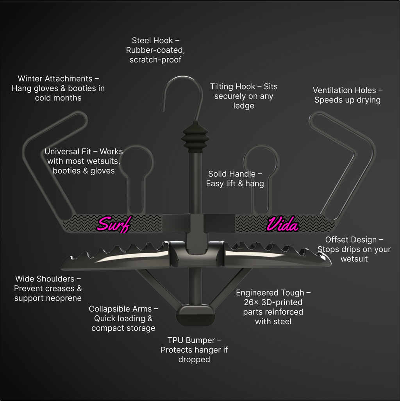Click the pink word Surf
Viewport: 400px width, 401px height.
(x=114, y=224)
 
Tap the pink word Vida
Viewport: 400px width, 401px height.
(x=282, y=224)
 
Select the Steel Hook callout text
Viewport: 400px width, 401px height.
(x=155, y=50)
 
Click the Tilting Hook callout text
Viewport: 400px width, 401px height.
(x=244, y=96)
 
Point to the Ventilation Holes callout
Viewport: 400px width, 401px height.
(x=348, y=95)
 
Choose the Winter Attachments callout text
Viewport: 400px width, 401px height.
(x=58, y=88)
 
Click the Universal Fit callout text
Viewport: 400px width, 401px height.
(x=84, y=161)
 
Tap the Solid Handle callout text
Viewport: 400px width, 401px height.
(x=235, y=179)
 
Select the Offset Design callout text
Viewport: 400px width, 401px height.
(x=354, y=249)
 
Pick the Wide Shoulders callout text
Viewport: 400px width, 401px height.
(x=48, y=288)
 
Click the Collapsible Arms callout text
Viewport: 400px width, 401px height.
(x=123, y=319)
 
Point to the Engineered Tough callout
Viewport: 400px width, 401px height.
(x=273, y=307)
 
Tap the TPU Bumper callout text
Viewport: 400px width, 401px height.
(x=194, y=349)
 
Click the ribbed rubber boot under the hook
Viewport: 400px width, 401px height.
(x=196, y=136)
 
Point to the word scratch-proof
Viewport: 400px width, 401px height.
(x=155, y=60)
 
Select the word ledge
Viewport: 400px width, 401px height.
(x=244, y=106)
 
